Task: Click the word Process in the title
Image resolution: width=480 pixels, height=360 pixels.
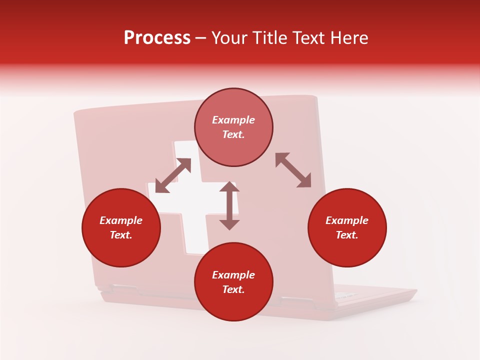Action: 157,38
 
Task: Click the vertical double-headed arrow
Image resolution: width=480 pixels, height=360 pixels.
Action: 229,205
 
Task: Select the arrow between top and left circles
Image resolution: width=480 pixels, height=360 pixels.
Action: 173,175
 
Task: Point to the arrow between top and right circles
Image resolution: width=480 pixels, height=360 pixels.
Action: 293,170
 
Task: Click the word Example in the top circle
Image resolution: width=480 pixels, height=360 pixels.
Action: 233,120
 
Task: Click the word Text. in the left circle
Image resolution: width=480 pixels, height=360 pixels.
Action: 121,235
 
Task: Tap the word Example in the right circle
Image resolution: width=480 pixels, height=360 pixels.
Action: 347,220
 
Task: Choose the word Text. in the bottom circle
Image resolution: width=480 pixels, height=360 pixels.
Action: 233,289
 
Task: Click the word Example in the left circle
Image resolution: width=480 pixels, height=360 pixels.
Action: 121,220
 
